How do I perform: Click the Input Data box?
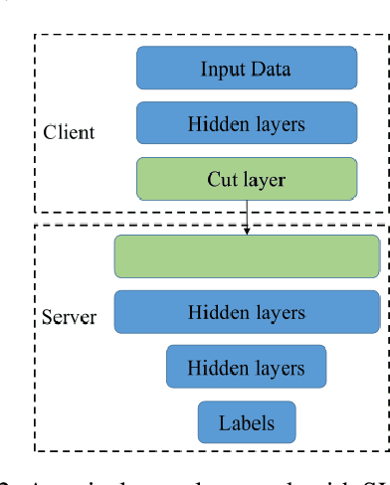(x=246, y=69)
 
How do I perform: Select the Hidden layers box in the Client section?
(x=246, y=124)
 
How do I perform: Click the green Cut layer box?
(x=246, y=180)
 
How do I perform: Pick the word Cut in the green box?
(x=222, y=180)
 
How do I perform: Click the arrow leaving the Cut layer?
(x=246, y=214)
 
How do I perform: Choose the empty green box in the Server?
(x=247, y=256)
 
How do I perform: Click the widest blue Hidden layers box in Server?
(x=247, y=312)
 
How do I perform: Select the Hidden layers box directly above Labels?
(x=246, y=367)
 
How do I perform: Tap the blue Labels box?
(x=247, y=421)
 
